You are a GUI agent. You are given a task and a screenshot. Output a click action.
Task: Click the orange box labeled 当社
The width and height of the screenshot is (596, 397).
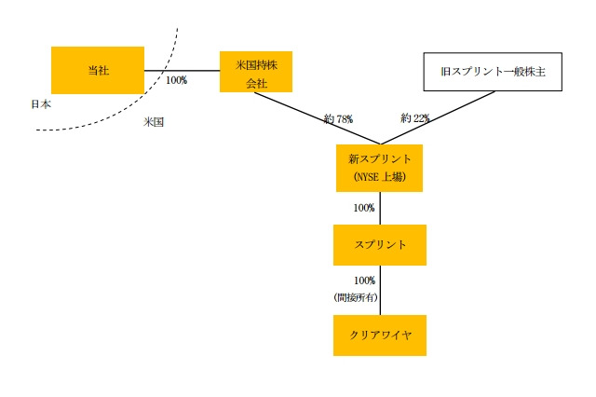98,70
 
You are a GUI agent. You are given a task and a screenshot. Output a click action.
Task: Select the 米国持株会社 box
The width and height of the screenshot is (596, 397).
256,71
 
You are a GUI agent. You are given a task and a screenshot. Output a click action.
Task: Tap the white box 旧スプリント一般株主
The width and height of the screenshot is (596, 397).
493,71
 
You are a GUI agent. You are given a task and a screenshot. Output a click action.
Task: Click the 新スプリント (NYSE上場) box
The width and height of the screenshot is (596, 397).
379,168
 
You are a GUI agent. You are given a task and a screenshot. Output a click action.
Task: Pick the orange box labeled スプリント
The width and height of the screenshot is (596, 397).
379,244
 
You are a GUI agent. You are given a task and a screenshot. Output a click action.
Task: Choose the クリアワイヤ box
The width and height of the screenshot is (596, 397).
379,335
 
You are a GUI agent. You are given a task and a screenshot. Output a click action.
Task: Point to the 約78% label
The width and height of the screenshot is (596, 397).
338,118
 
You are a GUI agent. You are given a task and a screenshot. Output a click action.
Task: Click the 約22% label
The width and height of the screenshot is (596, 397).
415,118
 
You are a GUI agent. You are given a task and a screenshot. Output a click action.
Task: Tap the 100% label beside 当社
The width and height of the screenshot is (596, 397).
176,80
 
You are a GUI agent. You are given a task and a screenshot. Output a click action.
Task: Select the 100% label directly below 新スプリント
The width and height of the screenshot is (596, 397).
364,207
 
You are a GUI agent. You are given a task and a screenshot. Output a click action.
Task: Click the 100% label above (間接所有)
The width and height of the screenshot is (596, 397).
364,281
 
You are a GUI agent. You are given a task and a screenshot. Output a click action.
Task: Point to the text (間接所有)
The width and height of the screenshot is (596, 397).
355,297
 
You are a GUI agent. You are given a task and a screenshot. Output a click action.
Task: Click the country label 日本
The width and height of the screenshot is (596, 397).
40,103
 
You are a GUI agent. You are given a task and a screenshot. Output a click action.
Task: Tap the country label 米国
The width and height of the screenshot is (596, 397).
154,121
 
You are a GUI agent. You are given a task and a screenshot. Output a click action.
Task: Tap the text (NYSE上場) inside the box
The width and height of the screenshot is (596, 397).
379,176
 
